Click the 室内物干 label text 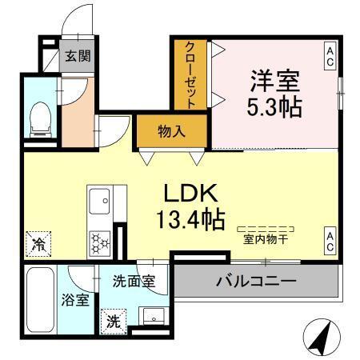click(x=266, y=238)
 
